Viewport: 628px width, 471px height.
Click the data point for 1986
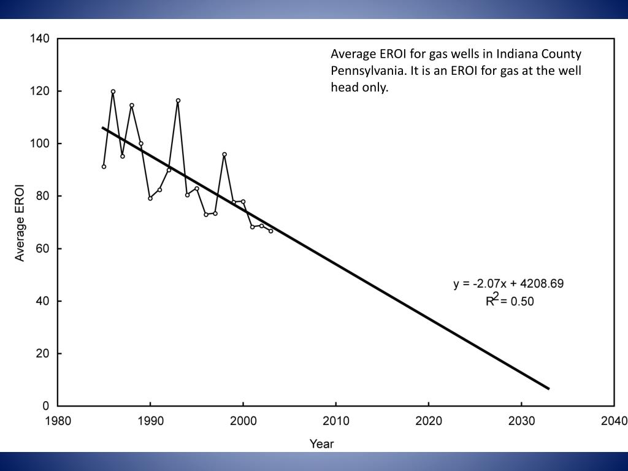[113, 91]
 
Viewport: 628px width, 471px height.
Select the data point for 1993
[178, 101]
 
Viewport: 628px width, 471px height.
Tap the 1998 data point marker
[224, 155]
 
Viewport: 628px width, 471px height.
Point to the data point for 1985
[104, 166]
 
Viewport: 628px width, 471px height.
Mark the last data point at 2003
[270, 231]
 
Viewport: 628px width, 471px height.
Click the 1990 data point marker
[150, 198]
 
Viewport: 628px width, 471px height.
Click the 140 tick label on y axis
[39, 39]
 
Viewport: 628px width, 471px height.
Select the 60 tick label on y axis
[42, 248]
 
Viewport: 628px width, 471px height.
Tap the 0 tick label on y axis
[45, 406]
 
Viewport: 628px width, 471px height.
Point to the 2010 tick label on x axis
[336, 421]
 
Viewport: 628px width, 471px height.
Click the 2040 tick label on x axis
[614, 421]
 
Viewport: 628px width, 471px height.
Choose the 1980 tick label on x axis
[58, 421]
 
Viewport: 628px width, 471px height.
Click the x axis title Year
[321, 443]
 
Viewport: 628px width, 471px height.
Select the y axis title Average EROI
[20, 222]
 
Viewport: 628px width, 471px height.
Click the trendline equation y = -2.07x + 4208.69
[508, 284]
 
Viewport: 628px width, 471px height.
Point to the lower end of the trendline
[548, 388]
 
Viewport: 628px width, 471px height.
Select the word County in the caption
[561, 54]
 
